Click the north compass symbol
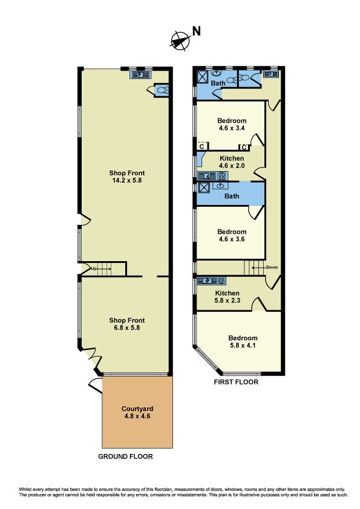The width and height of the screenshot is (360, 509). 180,41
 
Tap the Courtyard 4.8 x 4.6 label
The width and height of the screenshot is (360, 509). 137,412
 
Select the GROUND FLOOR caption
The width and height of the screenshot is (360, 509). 125,456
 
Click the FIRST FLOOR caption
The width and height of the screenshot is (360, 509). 236,382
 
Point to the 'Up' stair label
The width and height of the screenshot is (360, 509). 94,269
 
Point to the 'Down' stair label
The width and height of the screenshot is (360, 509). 272,267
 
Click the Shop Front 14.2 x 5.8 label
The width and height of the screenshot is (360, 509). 126,177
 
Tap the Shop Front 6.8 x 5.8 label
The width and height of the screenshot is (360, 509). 126,324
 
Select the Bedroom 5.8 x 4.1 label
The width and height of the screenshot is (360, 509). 243,342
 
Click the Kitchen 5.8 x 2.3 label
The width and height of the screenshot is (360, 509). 227,297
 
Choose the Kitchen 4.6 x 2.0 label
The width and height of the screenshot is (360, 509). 232,162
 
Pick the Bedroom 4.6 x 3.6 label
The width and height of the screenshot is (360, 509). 232,235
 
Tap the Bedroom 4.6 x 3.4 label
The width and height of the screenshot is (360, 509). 232,125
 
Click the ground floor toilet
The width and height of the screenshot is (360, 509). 162,89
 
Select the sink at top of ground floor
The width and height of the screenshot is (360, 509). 140,75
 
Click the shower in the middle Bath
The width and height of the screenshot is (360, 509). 204,187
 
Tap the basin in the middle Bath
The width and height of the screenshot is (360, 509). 221,186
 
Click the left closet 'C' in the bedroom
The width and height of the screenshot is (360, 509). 202,147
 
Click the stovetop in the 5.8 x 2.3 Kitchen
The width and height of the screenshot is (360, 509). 221,280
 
